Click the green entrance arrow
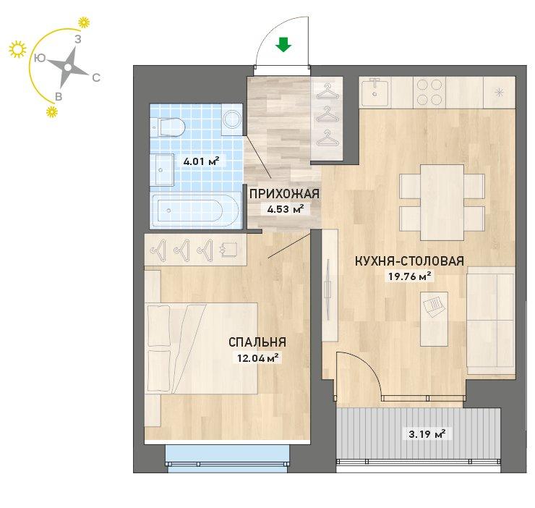pyautogui.click(x=283, y=45)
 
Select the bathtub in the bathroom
pyautogui.click(x=195, y=210)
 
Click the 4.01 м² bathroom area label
pyautogui.click(x=201, y=161)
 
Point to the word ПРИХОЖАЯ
pyautogui.click(x=284, y=194)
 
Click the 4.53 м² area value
pyautogui.click(x=286, y=208)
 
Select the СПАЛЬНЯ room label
pyautogui.click(x=257, y=342)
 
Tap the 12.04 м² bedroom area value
pyautogui.click(x=258, y=358)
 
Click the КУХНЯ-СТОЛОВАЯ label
pyautogui.click(x=409, y=261)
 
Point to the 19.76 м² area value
pyautogui.click(x=410, y=276)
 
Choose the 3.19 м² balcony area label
pyautogui.click(x=427, y=434)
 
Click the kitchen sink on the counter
pyautogui.click(x=374, y=92)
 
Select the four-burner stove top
pyautogui.click(x=429, y=92)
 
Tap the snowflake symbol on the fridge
pyautogui.click(x=499, y=93)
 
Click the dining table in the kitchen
pyautogui.click(x=442, y=203)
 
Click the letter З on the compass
pyautogui.click(x=78, y=40)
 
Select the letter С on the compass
pyautogui.click(x=96, y=78)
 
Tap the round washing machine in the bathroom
pyautogui.click(x=232, y=119)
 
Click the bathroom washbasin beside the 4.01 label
pyautogui.click(x=164, y=170)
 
